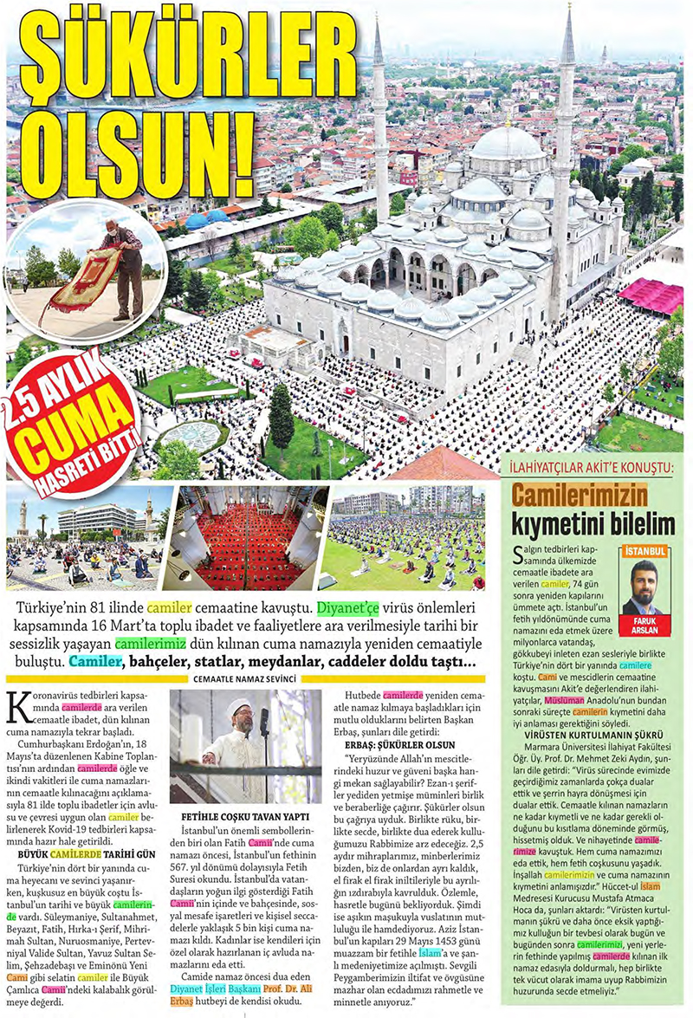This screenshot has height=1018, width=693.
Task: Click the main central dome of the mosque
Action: click(507, 143)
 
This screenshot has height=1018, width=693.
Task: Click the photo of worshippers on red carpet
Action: click(248, 538)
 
